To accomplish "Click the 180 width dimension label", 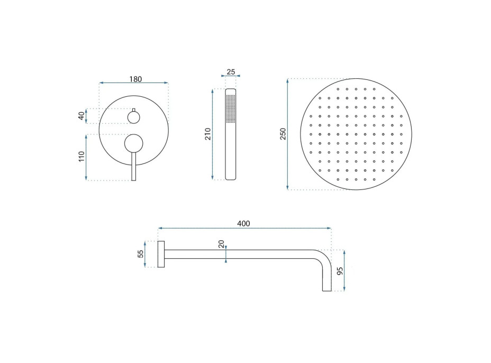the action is point(135,79).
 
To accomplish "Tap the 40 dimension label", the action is point(81,116).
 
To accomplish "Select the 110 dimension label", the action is point(81,156).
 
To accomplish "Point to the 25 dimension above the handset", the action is point(231,72).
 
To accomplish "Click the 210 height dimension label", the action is point(208,134).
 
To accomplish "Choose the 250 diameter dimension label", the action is point(283,134).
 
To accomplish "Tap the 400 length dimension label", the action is point(243,224).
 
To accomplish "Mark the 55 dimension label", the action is point(141,253).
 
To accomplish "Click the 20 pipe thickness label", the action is point(221,244).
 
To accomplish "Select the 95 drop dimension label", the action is point(340,271).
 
